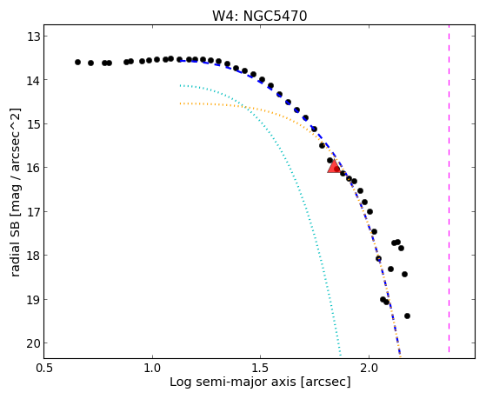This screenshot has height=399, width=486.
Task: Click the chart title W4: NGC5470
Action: (259, 16)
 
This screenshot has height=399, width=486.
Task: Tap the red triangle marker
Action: (334, 167)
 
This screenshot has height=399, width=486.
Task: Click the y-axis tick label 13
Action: (33, 37)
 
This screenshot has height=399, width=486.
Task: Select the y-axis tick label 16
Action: (33, 168)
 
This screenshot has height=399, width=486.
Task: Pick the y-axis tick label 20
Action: (33, 343)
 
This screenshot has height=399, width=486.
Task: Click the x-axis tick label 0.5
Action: (44, 369)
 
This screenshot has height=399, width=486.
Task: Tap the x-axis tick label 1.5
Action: (260, 369)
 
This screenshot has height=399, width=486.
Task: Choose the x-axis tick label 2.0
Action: (369, 369)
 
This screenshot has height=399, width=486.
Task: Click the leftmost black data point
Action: (77, 63)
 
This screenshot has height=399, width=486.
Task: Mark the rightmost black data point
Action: (407, 316)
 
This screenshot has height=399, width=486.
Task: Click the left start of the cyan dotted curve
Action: (180, 85)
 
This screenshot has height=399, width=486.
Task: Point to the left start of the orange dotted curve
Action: (180, 103)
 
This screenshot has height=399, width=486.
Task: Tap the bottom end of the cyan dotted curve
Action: (340, 356)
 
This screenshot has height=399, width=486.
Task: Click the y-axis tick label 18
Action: (33, 256)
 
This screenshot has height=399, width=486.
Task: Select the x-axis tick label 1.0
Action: (152, 369)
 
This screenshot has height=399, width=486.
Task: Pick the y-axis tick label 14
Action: (33, 80)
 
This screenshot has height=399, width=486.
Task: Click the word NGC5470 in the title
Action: (275, 16)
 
